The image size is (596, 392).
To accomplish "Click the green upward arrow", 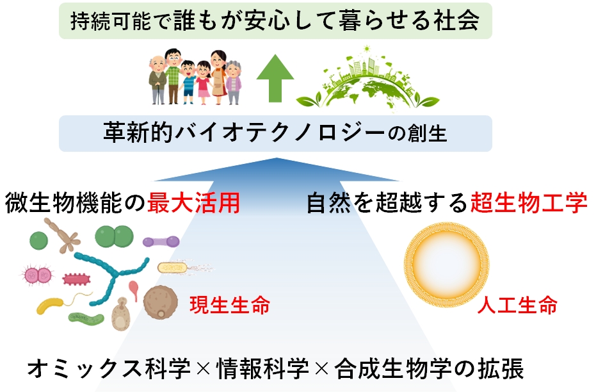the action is pyautogui.click(x=275, y=78).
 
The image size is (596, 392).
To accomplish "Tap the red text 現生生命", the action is pyautogui.click(x=230, y=304).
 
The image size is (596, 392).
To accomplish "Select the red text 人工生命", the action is pyautogui.click(x=517, y=304).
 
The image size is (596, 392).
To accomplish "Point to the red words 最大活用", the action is pyautogui.click(x=193, y=202).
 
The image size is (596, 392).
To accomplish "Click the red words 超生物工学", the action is pyautogui.click(x=529, y=202).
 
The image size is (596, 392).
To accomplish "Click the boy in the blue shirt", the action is pyautogui.click(x=188, y=82).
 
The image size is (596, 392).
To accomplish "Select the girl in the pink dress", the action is pyautogui.click(x=204, y=83).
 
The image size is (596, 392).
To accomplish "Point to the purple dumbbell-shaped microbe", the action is pyautogui.click(x=161, y=241).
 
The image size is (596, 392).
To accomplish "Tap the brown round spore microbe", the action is pyautogui.click(x=161, y=303).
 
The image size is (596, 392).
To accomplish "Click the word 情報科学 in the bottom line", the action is pyautogui.click(x=262, y=368).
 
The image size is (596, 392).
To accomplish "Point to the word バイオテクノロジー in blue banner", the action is pyautogui.click(x=279, y=133).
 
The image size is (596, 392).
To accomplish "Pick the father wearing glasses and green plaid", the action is pyautogui.click(x=173, y=76).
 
